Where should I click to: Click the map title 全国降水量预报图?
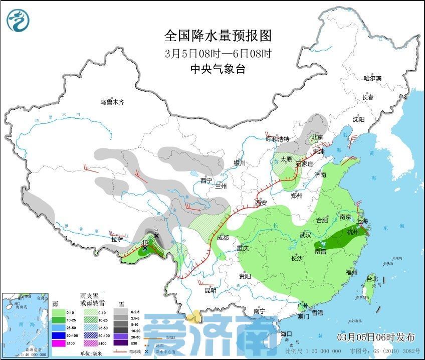(x=218, y=36)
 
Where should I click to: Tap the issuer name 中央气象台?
(x=218, y=69)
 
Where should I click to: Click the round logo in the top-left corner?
(x=18, y=20)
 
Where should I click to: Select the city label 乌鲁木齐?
(x=111, y=102)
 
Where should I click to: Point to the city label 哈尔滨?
(x=372, y=78)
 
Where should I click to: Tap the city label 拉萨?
(x=117, y=239)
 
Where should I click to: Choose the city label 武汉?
(x=305, y=235)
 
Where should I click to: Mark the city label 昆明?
(x=210, y=290)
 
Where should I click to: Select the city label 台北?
(x=371, y=279)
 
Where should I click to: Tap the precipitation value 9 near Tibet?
(x=156, y=231)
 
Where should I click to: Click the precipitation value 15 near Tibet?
(x=145, y=242)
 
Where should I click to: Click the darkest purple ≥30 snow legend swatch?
(x=120, y=343)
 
